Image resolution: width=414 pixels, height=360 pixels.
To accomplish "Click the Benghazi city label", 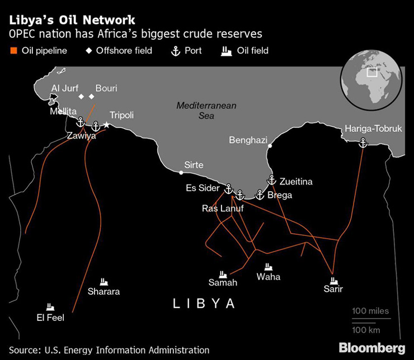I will pos(248,140).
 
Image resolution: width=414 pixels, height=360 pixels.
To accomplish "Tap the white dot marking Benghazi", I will pos(270,146).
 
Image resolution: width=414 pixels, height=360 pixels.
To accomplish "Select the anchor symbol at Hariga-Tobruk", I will pos(362,144).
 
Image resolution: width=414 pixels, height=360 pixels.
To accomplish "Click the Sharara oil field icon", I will pos(103,282).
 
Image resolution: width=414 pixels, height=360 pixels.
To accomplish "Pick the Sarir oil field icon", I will pos(334,280).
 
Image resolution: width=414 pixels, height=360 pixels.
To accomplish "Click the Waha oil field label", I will pos(269,277).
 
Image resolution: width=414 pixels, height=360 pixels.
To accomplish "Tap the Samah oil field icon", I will pos(223,274).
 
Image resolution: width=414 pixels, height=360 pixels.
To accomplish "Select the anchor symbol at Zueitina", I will pos(272,180).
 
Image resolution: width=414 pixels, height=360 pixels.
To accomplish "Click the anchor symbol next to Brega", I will pos(260,195).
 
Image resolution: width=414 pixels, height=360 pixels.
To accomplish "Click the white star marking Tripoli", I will pos(106,125).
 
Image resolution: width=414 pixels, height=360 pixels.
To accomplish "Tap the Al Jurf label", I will pos(65,88).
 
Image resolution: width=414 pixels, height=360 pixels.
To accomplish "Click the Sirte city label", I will pos(194,165).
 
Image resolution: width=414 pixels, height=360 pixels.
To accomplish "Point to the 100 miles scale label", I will pos(370,311).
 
